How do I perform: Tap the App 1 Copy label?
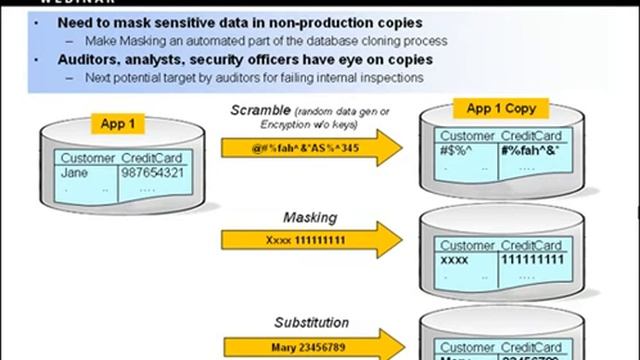[496, 109]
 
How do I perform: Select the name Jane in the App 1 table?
[75, 172]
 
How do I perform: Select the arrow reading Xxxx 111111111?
[300, 241]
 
